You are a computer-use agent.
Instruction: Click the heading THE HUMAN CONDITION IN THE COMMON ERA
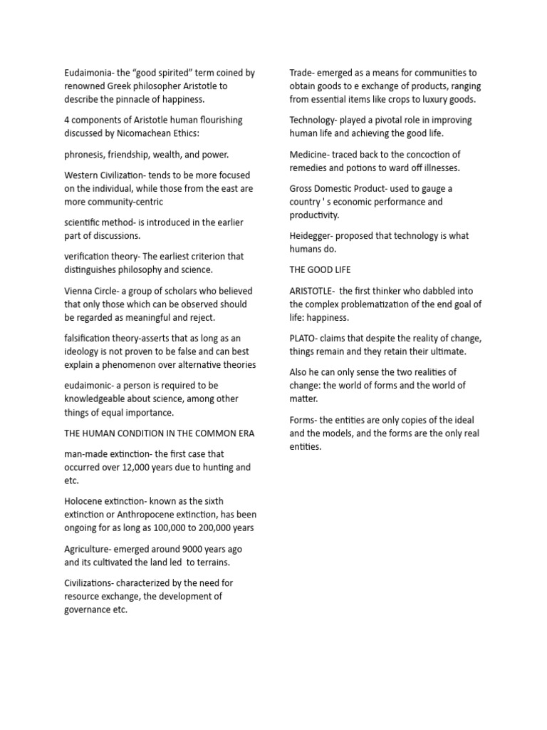(160, 433)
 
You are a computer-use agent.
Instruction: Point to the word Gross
(303, 188)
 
